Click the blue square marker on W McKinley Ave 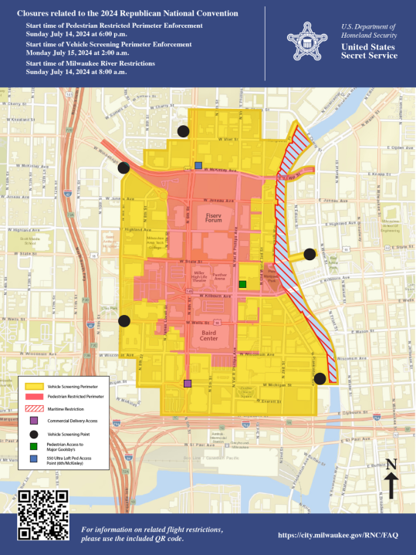(x=198, y=165)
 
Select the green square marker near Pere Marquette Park (x=242, y=284)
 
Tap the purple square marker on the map (x=187, y=383)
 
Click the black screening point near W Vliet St (x=183, y=131)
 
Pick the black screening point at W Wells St (x=124, y=321)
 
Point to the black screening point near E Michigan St (x=320, y=377)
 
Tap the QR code (x=43, y=515)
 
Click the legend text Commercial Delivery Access (x=77, y=421)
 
